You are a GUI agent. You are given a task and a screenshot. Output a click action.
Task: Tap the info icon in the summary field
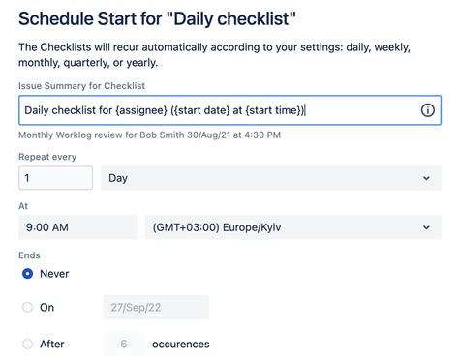(427, 110)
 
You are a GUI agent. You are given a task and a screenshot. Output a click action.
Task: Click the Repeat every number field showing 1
(55, 178)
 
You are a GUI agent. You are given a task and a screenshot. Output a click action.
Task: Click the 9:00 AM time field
(77, 227)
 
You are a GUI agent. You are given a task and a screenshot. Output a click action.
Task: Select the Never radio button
(27, 274)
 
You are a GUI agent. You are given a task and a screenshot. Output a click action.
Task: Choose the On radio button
(27, 308)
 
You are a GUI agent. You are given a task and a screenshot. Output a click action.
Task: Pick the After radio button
(27, 344)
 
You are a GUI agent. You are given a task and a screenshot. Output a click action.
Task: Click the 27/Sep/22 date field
(156, 308)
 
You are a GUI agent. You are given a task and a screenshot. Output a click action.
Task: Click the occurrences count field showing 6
(123, 344)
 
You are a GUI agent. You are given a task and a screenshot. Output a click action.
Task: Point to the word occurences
(180, 344)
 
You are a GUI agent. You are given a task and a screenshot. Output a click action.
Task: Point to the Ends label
(29, 255)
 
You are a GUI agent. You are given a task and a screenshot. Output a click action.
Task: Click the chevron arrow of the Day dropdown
(426, 178)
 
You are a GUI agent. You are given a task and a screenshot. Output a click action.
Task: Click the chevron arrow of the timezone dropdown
(426, 227)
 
